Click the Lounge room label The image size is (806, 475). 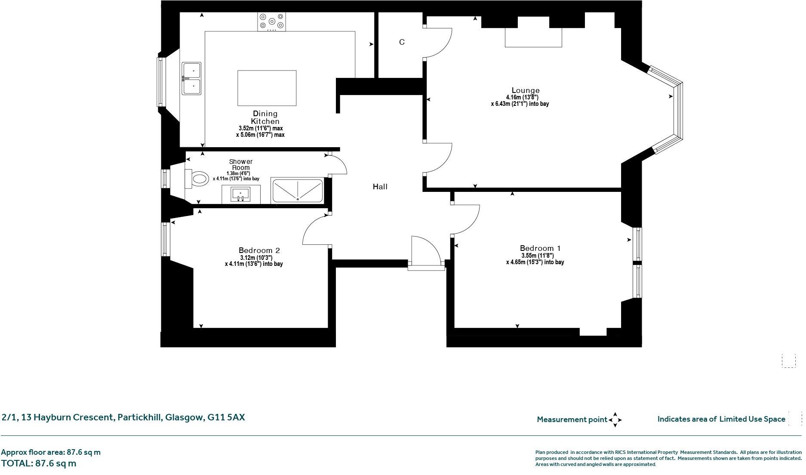(525, 90)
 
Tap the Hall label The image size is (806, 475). (380, 187)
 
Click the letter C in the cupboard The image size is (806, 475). (402, 42)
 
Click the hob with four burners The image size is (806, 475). (271, 22)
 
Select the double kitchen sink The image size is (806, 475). (191, 78)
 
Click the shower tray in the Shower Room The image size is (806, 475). (297, 191)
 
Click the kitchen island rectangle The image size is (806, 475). (267, 88)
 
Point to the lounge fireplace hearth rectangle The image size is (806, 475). (533, 37)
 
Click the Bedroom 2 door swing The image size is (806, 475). (317, 230)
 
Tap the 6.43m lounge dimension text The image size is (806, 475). (520, 104)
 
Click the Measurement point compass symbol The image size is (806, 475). (615, 419)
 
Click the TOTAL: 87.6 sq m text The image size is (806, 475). (39, 463)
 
